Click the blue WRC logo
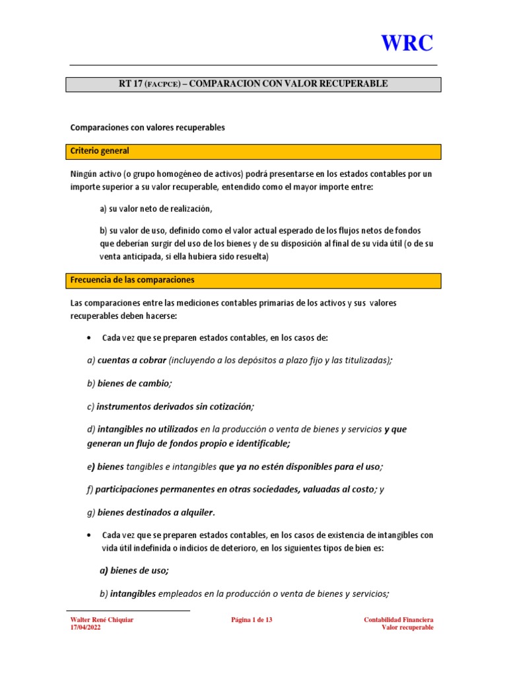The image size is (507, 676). pos(407,44)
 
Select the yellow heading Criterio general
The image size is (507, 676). pos(100,151)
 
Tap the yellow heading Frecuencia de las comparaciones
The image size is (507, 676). pos(132,280)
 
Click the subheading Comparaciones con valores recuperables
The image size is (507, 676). pos(147,127)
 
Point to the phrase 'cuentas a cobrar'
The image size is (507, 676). pos(131,360)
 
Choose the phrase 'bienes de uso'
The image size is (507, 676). pos(139,570)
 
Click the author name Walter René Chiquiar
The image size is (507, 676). pos(102,620)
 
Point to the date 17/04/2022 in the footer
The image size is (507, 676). pos(86,628)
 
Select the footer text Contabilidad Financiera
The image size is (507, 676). pos(399,620)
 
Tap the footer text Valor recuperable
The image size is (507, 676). pos(407,628)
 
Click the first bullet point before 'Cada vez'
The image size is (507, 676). pos(89,338)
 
